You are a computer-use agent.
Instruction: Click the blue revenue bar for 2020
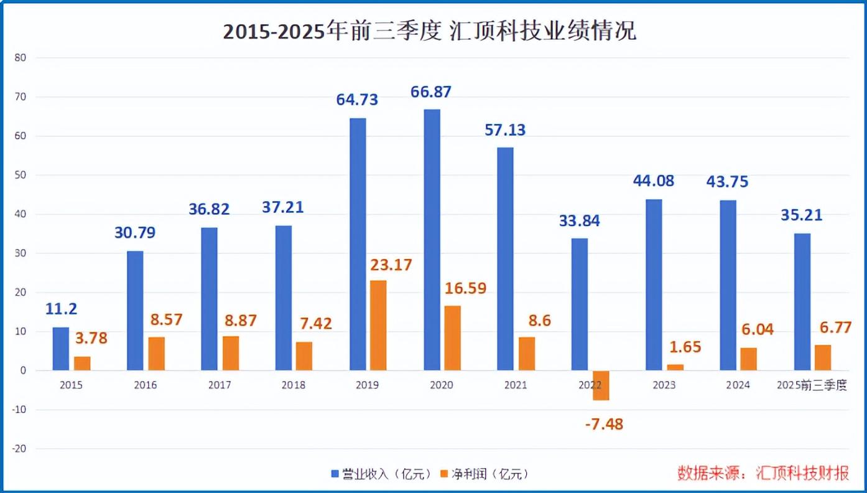click(432, 240)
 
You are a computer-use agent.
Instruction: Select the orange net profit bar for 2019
click(378, 325)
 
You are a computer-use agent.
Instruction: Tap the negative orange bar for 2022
click(601, 385)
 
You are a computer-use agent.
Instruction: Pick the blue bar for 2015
click(60, 349)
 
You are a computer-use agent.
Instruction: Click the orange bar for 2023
click(675, 367)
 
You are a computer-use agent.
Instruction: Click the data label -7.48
click(604, 425)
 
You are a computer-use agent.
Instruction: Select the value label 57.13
click(505, 129)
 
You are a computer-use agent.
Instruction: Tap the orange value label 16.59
click(466, 289)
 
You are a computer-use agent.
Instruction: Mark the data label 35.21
click(802, 215)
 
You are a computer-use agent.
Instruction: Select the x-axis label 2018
click(294, 385)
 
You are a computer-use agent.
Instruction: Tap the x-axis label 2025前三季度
click(812, 385)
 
